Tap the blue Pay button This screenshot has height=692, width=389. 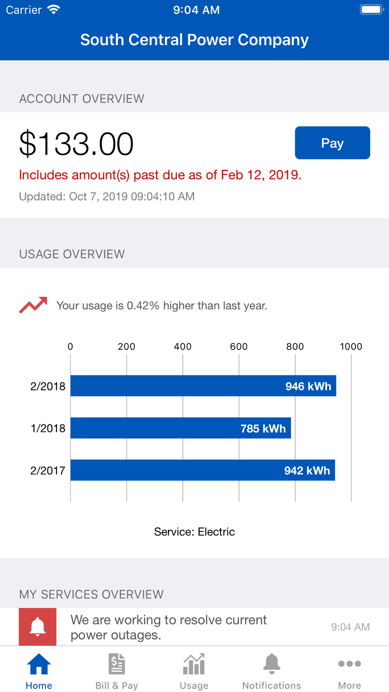pyautogui.click(x=332, y=143)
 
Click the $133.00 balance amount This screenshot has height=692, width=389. pyautogui.click(x=76, y=144)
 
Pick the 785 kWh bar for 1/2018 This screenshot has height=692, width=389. pyautogui.click(x=180, y=428)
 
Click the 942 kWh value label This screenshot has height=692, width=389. pyautogui.click(x=307, y=471)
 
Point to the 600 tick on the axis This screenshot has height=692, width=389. pyautogui.click(x=239, y=346)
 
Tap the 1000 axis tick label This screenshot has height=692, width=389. pyautogui.click(x=351, y=346)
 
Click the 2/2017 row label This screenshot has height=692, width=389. pyautogui.click(x=48, y=471)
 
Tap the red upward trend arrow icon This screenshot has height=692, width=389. pyautogui.click(x=33, y=305)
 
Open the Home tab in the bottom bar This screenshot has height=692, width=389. pyautogui.click(x=39, y=671)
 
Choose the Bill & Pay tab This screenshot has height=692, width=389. pyautogui.click(x=117, y=671)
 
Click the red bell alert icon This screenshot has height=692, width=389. pyautogui.click(x=38, y=627)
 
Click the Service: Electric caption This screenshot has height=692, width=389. pyautogui.click(x=194, y=532)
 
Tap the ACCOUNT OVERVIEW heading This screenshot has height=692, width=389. pyautogui.click(x=82, y=99)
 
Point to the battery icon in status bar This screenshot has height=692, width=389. pyautogui.click(x=371, y=9)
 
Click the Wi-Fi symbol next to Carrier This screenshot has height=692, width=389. pyautogui.click(x=54, y=9)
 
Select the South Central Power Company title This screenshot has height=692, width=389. pyautogui.click(x=194, y=40)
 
